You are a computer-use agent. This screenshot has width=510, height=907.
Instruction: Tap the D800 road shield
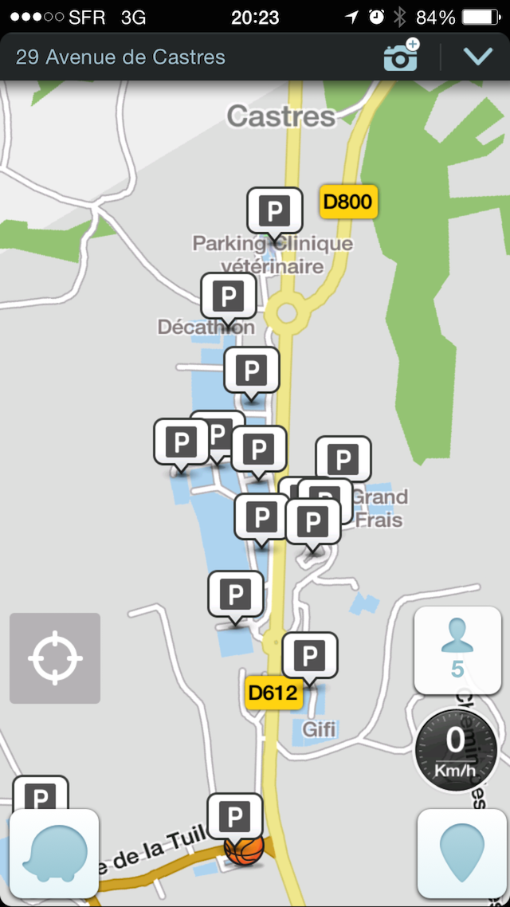point(348,202)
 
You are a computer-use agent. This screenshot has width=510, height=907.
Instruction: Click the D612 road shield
point(272,692)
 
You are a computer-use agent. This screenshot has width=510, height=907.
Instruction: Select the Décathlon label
point(206,327)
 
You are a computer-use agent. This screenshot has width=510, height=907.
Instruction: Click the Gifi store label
point(319,728)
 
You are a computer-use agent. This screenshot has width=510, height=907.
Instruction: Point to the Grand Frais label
point(379,508)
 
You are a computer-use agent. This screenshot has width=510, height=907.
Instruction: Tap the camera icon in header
point(401,57)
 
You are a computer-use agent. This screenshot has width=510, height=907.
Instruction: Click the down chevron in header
point(478,57)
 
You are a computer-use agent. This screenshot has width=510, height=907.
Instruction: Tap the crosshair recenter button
point(55,658)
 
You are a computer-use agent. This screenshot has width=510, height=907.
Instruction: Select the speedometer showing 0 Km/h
point(456,748)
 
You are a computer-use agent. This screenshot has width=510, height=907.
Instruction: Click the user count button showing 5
point(457,650)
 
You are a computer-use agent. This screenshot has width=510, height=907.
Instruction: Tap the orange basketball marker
point(244,850)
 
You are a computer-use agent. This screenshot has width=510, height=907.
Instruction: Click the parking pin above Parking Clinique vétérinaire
point(275,211)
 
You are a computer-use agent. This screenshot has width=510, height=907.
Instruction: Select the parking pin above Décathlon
point(229,297)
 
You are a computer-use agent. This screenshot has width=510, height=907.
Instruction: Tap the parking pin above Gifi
point(310,656)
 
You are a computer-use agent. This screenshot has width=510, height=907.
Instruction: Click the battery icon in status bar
point(484,17)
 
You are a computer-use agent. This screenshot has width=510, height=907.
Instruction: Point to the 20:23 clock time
point(254,17)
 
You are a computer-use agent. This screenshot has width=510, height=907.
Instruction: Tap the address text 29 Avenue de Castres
point(120,57)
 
